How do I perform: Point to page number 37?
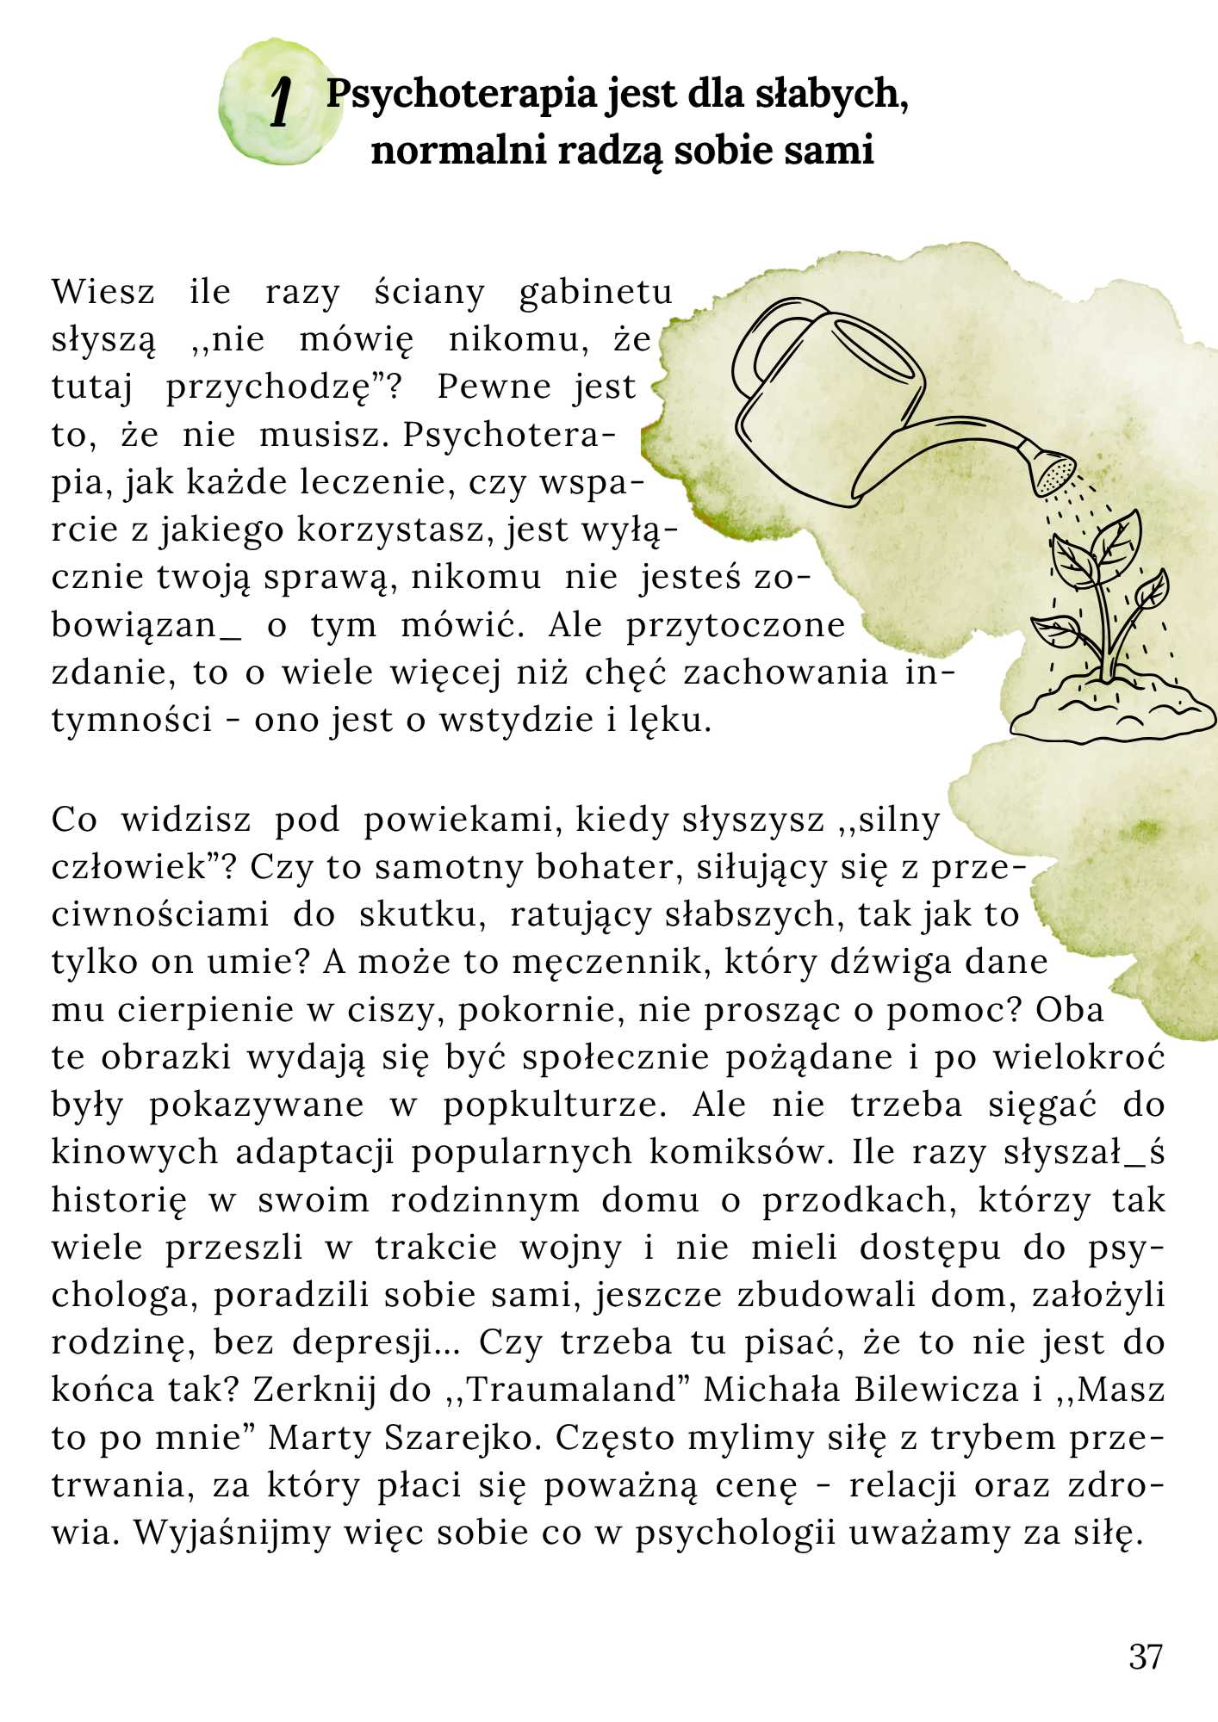(x=1146, y=1657)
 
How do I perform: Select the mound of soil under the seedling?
(x=1111, y=710)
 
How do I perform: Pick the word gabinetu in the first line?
(x=595, y=293)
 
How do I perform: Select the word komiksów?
(x=741, y=1152)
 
